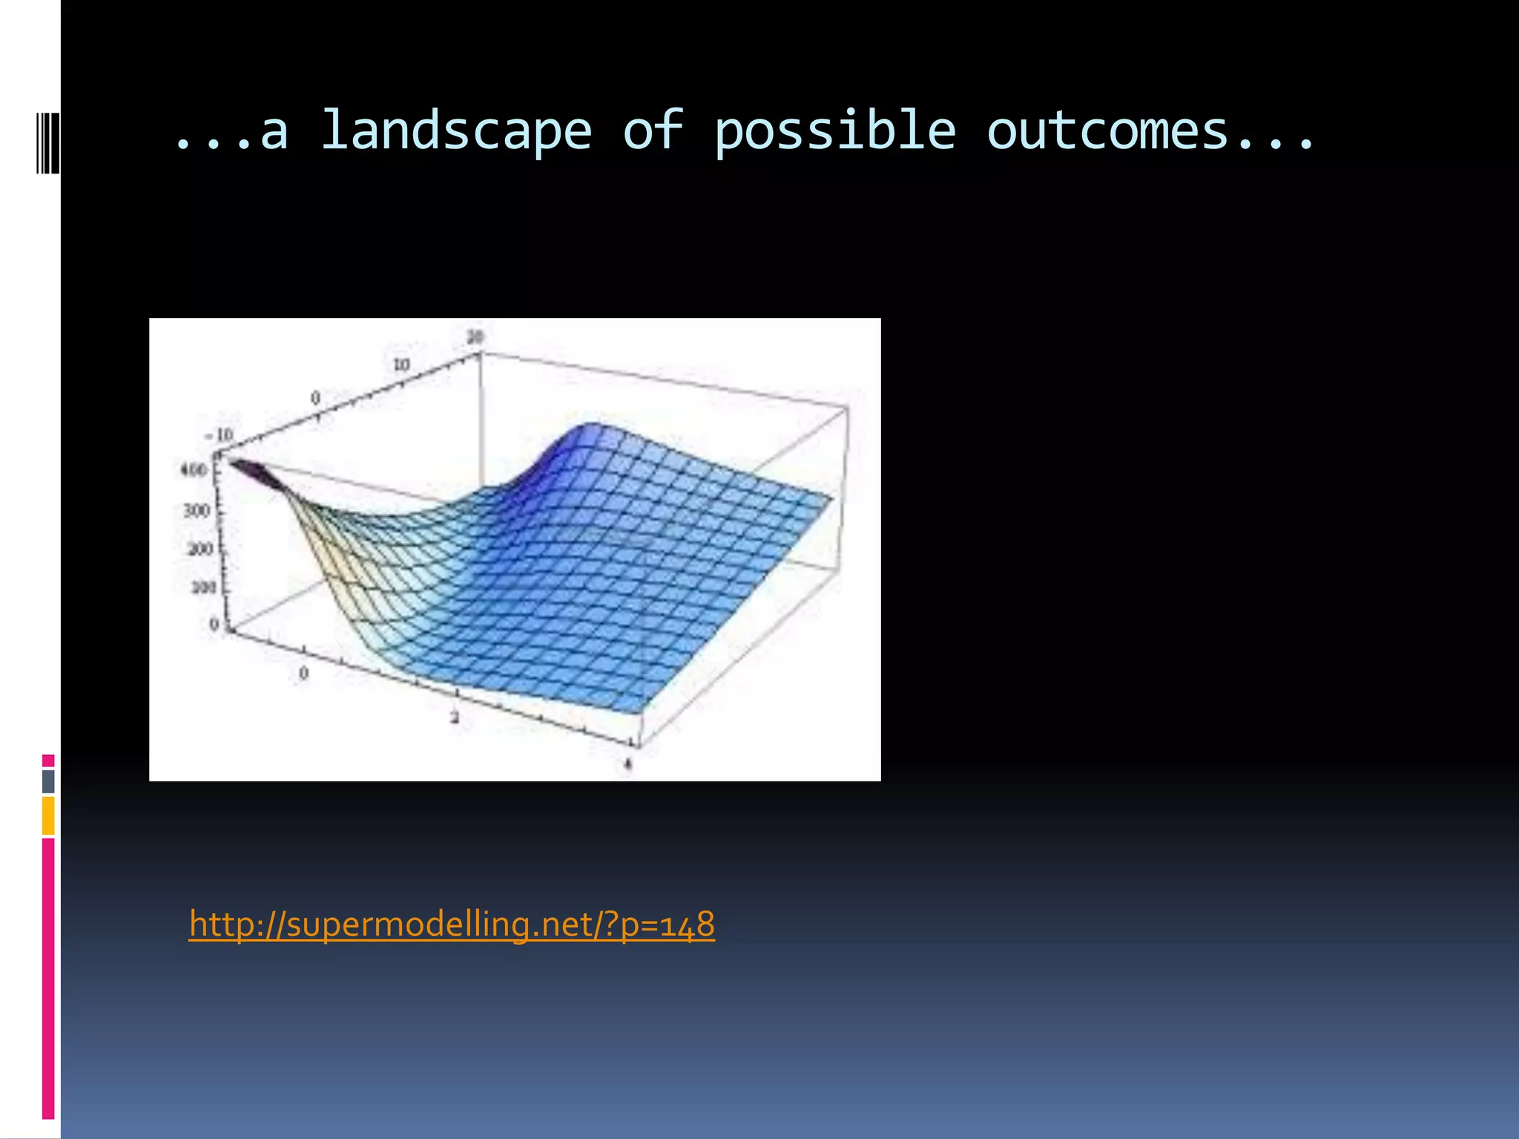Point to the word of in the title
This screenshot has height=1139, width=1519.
(x=653, y=130)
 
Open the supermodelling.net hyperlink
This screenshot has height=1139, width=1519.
(x=452, y=924)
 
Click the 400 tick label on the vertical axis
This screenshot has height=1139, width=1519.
(x=194, y=469)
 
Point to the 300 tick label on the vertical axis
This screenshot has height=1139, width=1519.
(x=197, y=511)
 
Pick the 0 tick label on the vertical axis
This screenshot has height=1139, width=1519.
(x=214, y=624)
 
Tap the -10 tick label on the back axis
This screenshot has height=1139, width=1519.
(x=220, y=435)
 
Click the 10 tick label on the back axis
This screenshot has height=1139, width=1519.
(x=401, y=365)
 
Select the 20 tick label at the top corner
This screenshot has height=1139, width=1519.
(x=475, y=337)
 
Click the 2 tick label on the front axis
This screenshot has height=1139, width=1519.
(x=455, y=717)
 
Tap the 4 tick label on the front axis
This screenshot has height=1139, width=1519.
(x=628, y=764)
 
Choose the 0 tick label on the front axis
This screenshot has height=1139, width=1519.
(x=303, y=673)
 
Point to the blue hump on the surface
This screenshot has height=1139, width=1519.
(x=590, y=438)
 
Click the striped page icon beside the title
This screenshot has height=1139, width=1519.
(x=47, y=142)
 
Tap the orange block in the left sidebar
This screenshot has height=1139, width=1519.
(x=48, y=815)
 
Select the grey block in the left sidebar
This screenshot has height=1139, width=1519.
(x=48, y=781)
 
